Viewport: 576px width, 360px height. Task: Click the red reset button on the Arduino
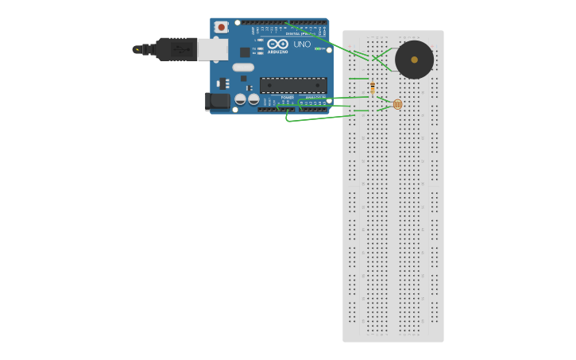[x=221, y=27]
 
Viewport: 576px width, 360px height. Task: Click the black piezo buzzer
[x=414, y=60]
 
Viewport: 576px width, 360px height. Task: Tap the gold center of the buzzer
[x=414, y=60]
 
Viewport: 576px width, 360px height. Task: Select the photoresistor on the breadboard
[x=397, y=104]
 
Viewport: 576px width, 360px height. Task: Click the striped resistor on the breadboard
[x=373, y=87]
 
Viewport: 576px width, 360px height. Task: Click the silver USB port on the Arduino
[x=212, y=49]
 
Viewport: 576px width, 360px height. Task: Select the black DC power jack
[x=217, y=101]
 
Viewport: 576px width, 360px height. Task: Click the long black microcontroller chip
[x=293, y=85]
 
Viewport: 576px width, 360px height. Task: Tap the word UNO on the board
[x=302, y=45]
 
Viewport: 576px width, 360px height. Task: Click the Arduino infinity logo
[x=275, y=44]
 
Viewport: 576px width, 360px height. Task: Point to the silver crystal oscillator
[x=243, y=68]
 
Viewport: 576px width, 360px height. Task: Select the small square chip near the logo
[x=245, y=52]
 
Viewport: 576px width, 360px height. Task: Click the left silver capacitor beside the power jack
[x=240, y=99]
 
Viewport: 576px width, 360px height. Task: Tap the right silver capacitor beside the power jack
[x=253, y=99]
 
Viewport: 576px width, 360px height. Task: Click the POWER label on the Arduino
[x=287, y=98]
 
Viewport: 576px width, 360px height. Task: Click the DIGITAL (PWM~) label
[x=300, y=34]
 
